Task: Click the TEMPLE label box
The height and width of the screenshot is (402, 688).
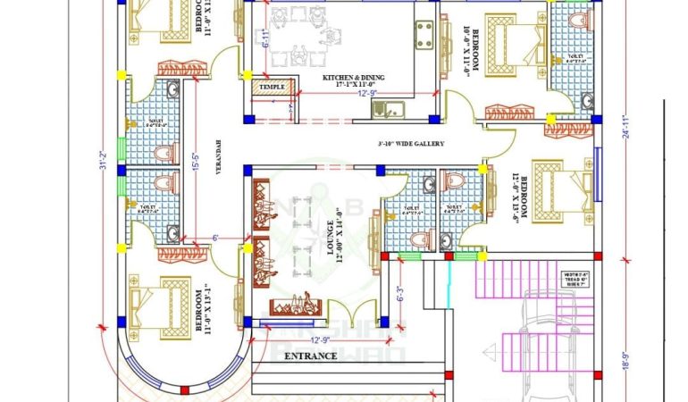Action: click(272, 87)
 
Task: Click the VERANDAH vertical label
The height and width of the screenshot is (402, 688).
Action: click(217, 157)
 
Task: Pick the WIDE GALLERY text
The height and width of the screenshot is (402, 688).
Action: click(411, 144)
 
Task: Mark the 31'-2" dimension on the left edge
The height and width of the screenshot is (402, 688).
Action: click(104, 161)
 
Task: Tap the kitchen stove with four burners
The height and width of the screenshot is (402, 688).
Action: click(424, 33)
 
